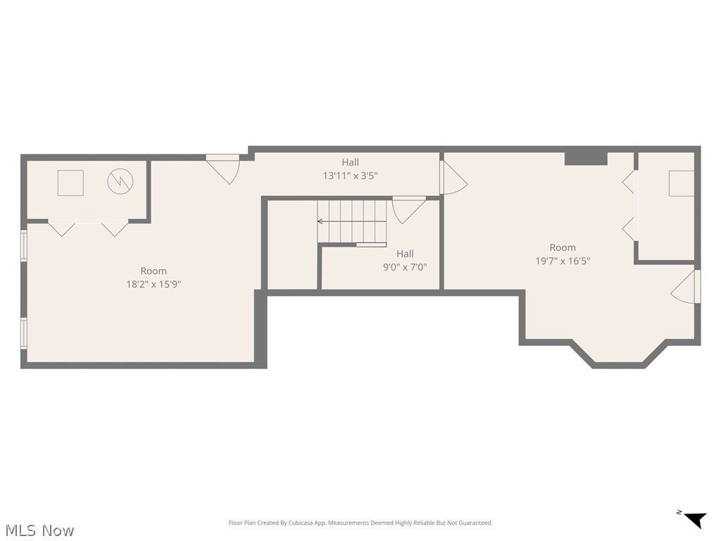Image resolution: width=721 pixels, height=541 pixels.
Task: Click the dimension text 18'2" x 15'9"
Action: pyautogui.click(x=153, y=285)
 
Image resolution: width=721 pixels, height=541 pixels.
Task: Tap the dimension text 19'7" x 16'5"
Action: pyautogui.click(x=563, y=261)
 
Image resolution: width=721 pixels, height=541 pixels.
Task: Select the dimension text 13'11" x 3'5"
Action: pyautogui.click(x=351, y=175)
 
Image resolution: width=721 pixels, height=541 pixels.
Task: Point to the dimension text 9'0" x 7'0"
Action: pyautogui.click(x=405, y=267)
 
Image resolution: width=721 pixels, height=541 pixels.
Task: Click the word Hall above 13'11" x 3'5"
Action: pyautogui.click(x=351, y=162)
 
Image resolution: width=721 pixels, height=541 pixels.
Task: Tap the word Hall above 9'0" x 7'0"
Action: pyautogui.click(x=405, y=254)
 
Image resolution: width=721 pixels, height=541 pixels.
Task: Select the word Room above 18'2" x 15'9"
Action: pyautogui.click(x=153, y=271)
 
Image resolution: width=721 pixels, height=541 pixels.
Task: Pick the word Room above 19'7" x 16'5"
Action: pyautogui.click(x=563, y=247)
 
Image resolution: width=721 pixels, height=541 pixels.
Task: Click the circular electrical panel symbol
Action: pyautogui.click(x=120, y=182)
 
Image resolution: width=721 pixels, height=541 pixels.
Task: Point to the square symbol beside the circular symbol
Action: pyautogui.click(x=70, y=182)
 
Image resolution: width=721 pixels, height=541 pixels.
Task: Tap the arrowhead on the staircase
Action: pyautogui.click(x=320, y=221)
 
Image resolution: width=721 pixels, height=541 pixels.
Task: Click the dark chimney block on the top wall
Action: pyautogui.click(x=586, y=158)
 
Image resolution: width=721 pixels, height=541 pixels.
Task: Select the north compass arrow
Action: pyautogui.click(x=695, y=519)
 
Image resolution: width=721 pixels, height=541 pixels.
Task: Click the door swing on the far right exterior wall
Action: pyautogui.click(x=685, y=287)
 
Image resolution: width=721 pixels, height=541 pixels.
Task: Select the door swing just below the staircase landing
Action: pyautogui.click(x=409, y=210)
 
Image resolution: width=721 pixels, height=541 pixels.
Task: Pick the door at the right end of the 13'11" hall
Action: pyautogui.click(x=453, y=177)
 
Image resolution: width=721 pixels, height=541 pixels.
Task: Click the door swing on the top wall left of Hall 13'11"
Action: pyautogui.click(x=223, y=169)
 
